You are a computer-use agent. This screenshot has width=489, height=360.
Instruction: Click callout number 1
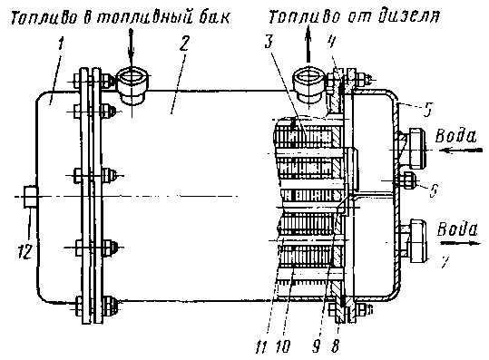pyautogui.click(x=60, y=44)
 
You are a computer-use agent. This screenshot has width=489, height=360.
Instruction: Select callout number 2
pyautogui.click(x=184, y=43)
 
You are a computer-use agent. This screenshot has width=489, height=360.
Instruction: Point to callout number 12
pyautogui.click(x=25, y=251)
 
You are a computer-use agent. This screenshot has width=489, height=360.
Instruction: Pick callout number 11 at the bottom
pyautogui.click(x=261, y=346)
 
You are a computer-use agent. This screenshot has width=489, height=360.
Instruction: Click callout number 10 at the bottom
pyautogui.click(x=283, y=346)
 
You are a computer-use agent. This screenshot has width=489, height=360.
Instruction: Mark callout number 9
pyautogui.click(x=317, y=346)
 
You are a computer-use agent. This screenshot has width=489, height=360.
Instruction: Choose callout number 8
pyautogui.click(x=336, y=346)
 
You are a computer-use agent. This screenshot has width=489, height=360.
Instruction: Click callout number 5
pyautogui.click(x=428, y=110)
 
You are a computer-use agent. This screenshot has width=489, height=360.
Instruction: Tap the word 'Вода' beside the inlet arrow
pyautogui.click(x=456, y=136)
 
